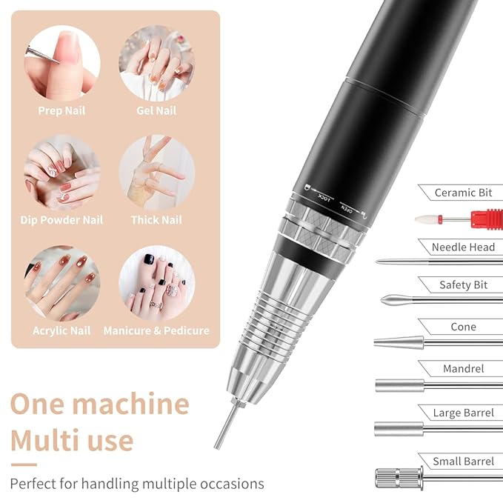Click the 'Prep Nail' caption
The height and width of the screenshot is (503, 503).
click(62, 111)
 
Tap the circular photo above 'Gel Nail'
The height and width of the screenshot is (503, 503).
click(156, 63)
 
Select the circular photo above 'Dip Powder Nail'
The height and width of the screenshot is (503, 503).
click(62, 172)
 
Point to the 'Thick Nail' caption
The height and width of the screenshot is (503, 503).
click(156, 220)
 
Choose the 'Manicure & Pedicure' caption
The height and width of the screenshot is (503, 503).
click(156, 331)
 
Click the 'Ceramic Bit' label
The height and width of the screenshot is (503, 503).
click(463, 193)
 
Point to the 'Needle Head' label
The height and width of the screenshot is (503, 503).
click(463, 247)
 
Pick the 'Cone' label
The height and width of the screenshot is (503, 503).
click(463, 327)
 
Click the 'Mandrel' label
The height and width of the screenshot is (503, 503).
click(463, 368)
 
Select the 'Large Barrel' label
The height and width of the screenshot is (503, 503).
click(463, 413)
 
